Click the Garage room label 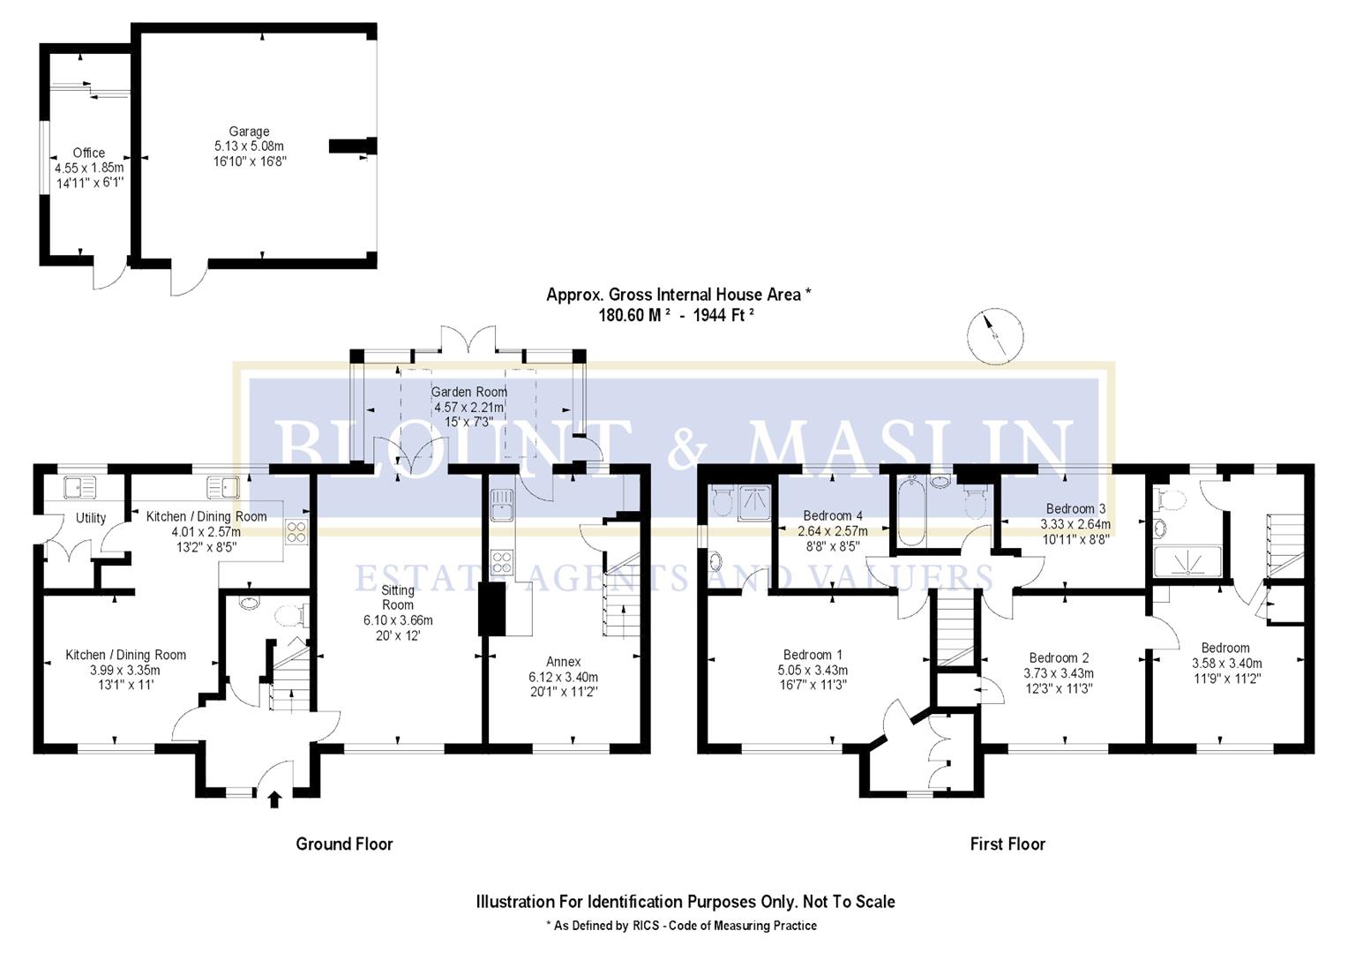pos(249,131)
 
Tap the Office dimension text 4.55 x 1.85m pos(89,168)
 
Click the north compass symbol pos(996,335)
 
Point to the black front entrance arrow pos(274,799)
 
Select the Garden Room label pos(468,392)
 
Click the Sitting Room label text pos(398,597)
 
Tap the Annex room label pos(563,661)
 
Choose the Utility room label pos(91,518)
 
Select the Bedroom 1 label pos(813,655)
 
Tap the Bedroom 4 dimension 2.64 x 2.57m pos(832,531)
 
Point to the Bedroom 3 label pos(1075,508)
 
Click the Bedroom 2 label pos(1059,657)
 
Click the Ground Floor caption pos(344,844)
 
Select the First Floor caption pos(1007,844)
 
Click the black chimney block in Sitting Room pos(491,609)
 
